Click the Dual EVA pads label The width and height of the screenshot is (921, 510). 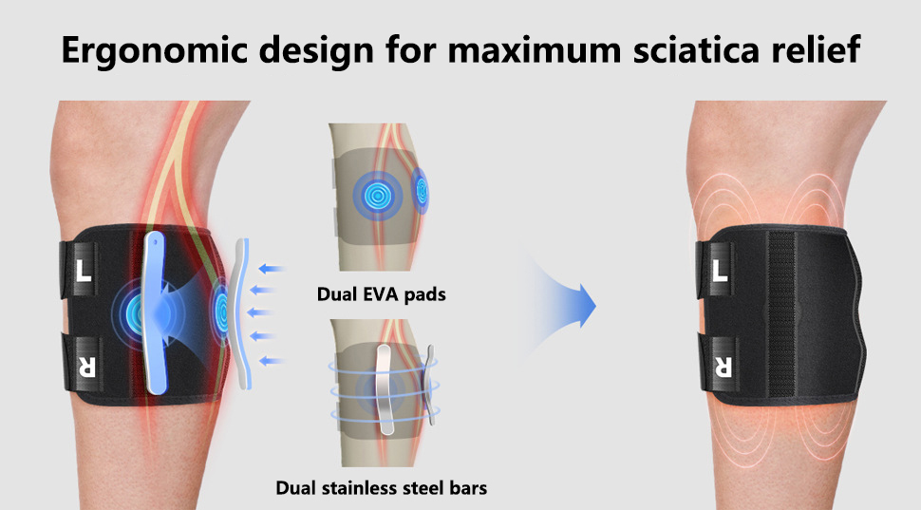coord(381,293)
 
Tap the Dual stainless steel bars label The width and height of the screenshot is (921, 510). coord(381,487)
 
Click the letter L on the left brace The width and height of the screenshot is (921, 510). coord(84,271)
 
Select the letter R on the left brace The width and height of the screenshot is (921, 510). coord(86,366)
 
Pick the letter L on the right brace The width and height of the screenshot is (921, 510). coord(720,271)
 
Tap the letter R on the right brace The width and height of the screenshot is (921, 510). coord(723,366)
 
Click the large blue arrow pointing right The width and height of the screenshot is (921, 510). coord(564,306)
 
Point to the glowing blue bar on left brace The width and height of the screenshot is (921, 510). coord(155,312)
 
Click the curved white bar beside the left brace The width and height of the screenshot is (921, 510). coord(242,313)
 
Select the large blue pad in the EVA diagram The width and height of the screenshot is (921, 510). coord(377,196)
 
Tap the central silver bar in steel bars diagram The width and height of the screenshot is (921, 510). coord(385,389)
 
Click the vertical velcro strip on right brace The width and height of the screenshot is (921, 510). coord(781,313)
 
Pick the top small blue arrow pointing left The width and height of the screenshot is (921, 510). coord(273,269)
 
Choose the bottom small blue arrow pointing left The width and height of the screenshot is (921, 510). coord(273,361)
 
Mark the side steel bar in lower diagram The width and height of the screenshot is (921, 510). coord(431,385)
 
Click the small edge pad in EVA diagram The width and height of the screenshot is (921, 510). coord(421,190)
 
